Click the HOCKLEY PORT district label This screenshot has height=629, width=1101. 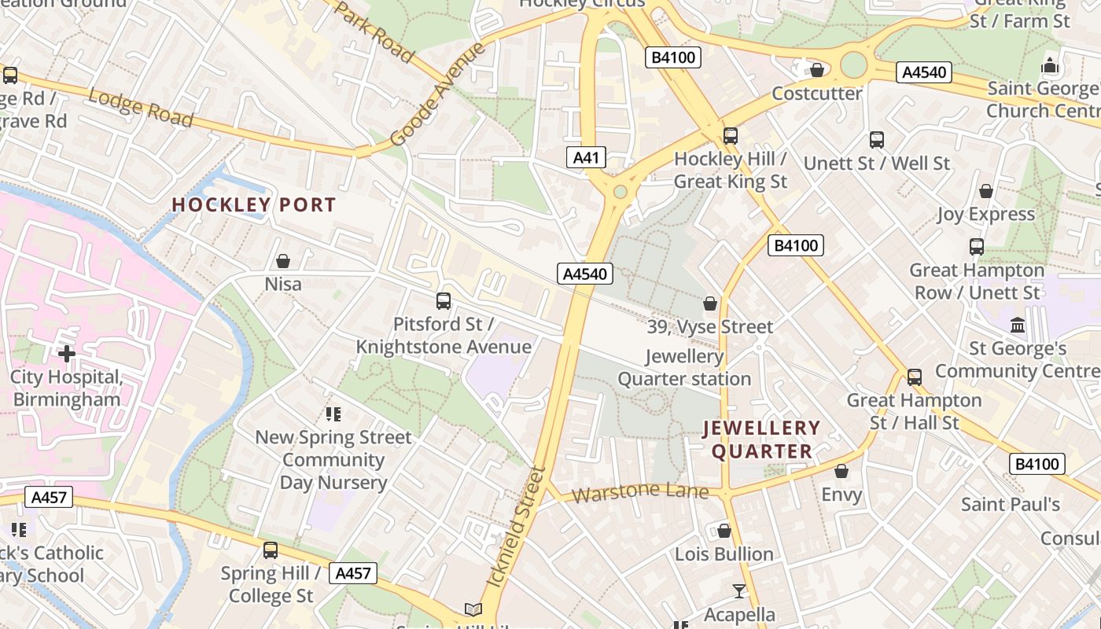tap(254, 205)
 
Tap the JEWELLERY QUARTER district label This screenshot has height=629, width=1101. tap(761, 440)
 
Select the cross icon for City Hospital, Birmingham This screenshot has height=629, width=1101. tap(67, 354)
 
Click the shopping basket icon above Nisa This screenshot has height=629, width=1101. tap(283, 261)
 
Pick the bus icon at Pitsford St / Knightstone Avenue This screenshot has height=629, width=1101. tap(444, 301)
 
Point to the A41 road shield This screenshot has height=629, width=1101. tap(586, 157)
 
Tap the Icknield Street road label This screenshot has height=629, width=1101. tap(517, 527)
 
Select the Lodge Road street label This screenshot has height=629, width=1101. tap(140, 108)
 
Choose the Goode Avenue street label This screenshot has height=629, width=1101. tap(437, 94)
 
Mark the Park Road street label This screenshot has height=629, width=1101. tap(374, 31)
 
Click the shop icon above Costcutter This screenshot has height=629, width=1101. tap(817, 71)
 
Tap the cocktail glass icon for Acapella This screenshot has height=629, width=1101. tap(739, 591)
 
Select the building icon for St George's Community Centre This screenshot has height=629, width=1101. tap(1018, 325)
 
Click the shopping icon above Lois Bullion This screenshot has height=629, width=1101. tap(724, 532)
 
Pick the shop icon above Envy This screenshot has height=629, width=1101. tap(841, 472)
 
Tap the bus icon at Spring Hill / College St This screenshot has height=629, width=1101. tap(271, 550)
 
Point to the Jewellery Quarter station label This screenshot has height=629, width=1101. tap(684, 368)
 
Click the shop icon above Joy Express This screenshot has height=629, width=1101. tap(985, 191)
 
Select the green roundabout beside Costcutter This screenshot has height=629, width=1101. tap(853, 64)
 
